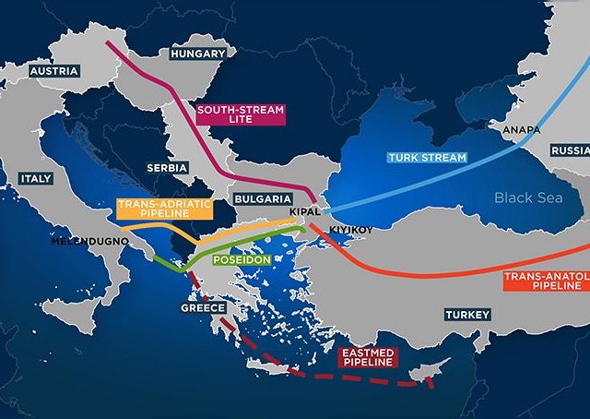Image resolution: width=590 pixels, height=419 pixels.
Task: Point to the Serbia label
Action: point(167,168)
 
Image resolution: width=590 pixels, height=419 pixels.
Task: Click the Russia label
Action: point(570,150)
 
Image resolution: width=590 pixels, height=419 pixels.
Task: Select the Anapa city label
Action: point(521,131)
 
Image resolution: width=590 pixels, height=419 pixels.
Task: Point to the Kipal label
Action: point(304,212)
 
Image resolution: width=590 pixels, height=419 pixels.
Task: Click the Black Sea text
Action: point(526,197)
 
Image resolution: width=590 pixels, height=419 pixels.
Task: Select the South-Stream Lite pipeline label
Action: point(240,114)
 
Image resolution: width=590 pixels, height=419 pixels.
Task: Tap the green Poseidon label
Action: point(241,260)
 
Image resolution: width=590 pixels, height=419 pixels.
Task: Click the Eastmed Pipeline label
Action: point(368,357)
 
